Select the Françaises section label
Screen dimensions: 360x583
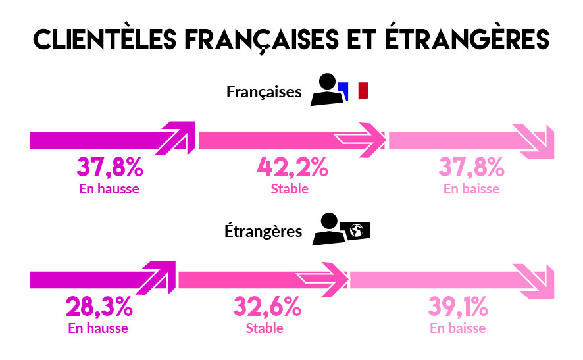coord(264,91)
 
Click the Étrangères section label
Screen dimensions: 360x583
coord(263,231)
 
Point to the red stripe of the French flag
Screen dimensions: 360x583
coord(363,91)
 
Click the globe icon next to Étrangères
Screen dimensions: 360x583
coord(357,230)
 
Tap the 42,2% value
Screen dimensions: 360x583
coord(291,168)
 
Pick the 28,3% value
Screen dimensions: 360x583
coord(99,307)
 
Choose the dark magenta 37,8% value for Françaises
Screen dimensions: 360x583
coord(110,168)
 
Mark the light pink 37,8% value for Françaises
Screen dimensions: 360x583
coord(471,168)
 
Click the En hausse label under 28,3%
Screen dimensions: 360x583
coord(98,328)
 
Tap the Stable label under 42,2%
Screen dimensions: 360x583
coord(290,189)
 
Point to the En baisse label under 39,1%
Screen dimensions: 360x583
coord(458,328)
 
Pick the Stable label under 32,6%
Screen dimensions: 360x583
coord(265,328)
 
